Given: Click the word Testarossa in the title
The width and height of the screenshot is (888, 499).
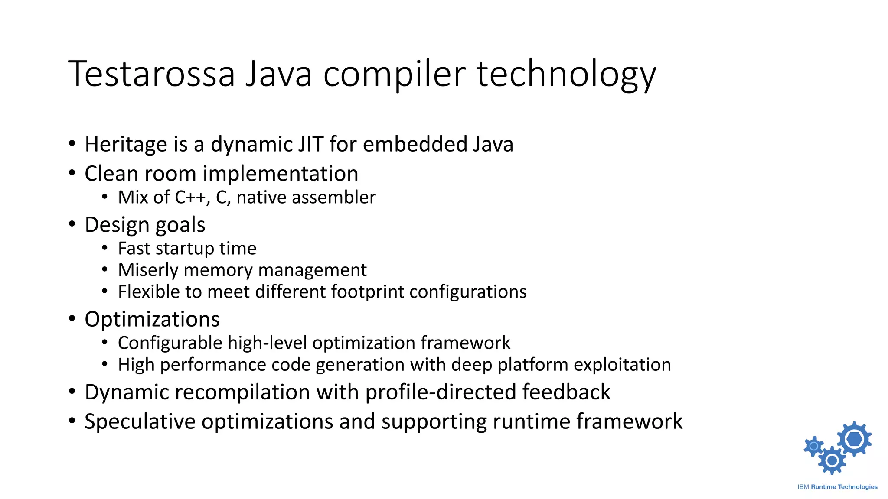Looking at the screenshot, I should point(151,74).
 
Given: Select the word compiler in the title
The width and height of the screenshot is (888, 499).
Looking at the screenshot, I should point(395,74).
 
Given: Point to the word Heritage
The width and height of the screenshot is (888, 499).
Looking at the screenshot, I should point(126,144).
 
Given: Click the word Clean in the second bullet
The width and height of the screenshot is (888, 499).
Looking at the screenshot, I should point(111,174).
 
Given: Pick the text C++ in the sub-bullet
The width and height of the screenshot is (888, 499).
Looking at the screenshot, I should point(190,198).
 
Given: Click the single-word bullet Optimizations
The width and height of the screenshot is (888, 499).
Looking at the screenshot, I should point(152,319).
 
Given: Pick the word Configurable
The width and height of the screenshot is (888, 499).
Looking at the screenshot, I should point(170,343).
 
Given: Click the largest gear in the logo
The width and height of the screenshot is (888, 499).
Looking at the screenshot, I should point(854,439).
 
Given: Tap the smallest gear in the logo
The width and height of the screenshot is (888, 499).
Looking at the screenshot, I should point(814,446).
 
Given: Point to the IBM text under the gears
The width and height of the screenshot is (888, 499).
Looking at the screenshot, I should point(803,487).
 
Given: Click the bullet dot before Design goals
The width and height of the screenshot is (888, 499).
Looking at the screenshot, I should point(72,224).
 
